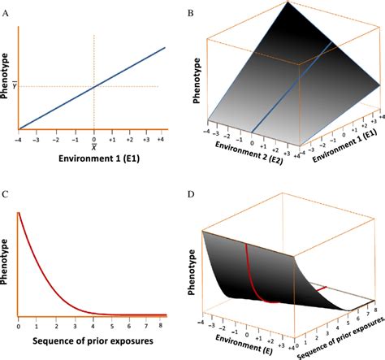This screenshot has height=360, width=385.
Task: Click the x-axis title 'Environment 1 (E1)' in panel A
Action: (x=93, y=159)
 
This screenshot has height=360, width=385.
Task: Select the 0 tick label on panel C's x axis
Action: (x=18, y=324)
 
